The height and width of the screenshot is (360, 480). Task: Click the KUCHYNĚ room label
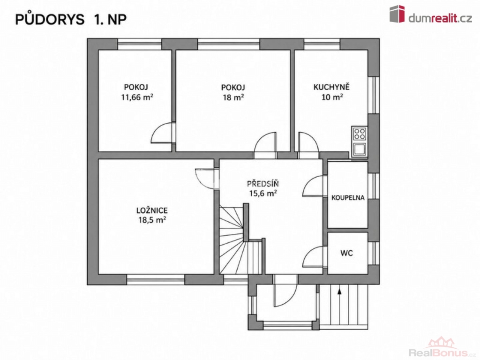pyautogui.click(x=331, y=87)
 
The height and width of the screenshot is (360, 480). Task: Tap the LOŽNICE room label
pyautogui.click(x=152, y=210)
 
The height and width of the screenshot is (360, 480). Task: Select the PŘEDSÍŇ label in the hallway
pyautogui.click(x=263, y=183)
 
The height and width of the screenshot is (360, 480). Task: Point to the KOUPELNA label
pyautogui.click(x=348, y=198)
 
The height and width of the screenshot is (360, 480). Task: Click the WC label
pyautogui.click(x=346, y=253)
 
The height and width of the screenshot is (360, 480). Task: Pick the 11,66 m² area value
pyautogui.click(x=137, y=97)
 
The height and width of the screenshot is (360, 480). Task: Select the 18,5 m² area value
pyautogui.click(x=152, y=220)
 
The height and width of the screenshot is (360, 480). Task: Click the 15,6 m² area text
pyautogui.click(x=263, y=194)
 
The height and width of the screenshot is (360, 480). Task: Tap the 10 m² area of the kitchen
pyautogui.click(x=332, y=97)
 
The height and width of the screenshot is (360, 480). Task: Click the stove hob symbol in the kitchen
pyautogui.click(x=360, y=134)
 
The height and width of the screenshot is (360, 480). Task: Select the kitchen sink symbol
pyautogui.click(x=360, y=150)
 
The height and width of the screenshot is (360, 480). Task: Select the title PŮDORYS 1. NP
pyautogui.click(x=71, y=19)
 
